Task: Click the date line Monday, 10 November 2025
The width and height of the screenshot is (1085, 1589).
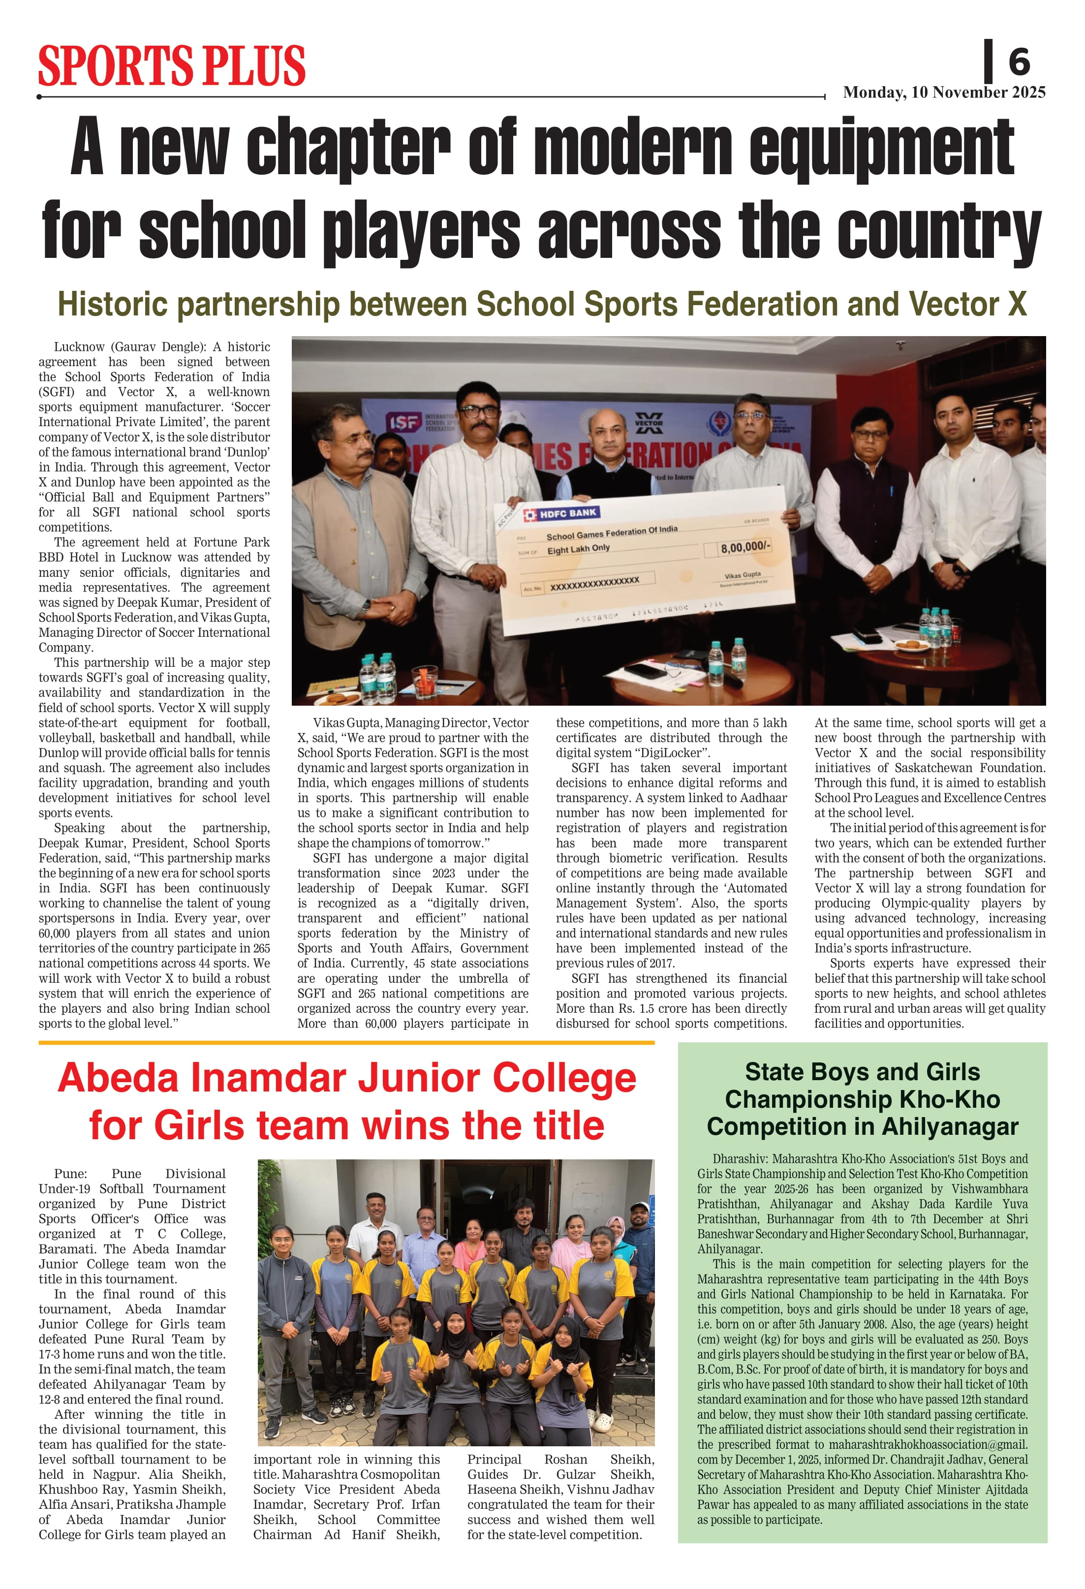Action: (x=943, y=93)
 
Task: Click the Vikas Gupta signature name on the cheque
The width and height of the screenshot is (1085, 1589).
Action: (x=743, y=575)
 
